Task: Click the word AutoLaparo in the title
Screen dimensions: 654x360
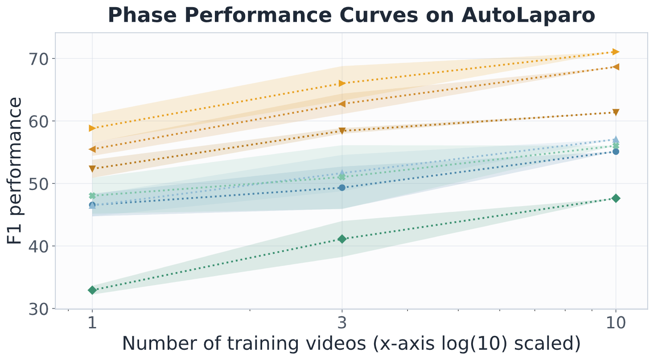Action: [528, 15]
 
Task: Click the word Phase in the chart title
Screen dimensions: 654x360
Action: [142, 15]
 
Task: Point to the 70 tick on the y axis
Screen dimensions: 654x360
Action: [38, 59]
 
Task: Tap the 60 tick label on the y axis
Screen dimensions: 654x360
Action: [38, 121]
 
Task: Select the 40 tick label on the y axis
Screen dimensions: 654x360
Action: [38, 247]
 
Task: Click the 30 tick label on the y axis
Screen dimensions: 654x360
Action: [38, 309]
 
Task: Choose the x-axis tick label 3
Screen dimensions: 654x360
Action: [342, 323]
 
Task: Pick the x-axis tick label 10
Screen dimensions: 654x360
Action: [616, 323]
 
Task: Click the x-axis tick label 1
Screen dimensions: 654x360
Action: [92, 323]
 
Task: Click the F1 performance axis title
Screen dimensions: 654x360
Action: [15, 171]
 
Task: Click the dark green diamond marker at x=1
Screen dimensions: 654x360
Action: [92, 290]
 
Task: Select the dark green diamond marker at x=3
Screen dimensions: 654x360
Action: [342, 239]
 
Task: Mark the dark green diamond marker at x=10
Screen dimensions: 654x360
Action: [616, 199]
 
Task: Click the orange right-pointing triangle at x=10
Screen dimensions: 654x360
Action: [616, 52]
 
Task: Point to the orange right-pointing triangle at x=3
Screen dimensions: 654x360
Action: [342, 83]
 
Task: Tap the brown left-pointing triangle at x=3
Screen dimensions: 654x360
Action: [342, 104]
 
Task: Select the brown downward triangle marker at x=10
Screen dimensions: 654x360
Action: [616, 112]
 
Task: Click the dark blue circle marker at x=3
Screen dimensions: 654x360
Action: [342, 188]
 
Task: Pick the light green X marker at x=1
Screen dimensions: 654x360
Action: [92, 195]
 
